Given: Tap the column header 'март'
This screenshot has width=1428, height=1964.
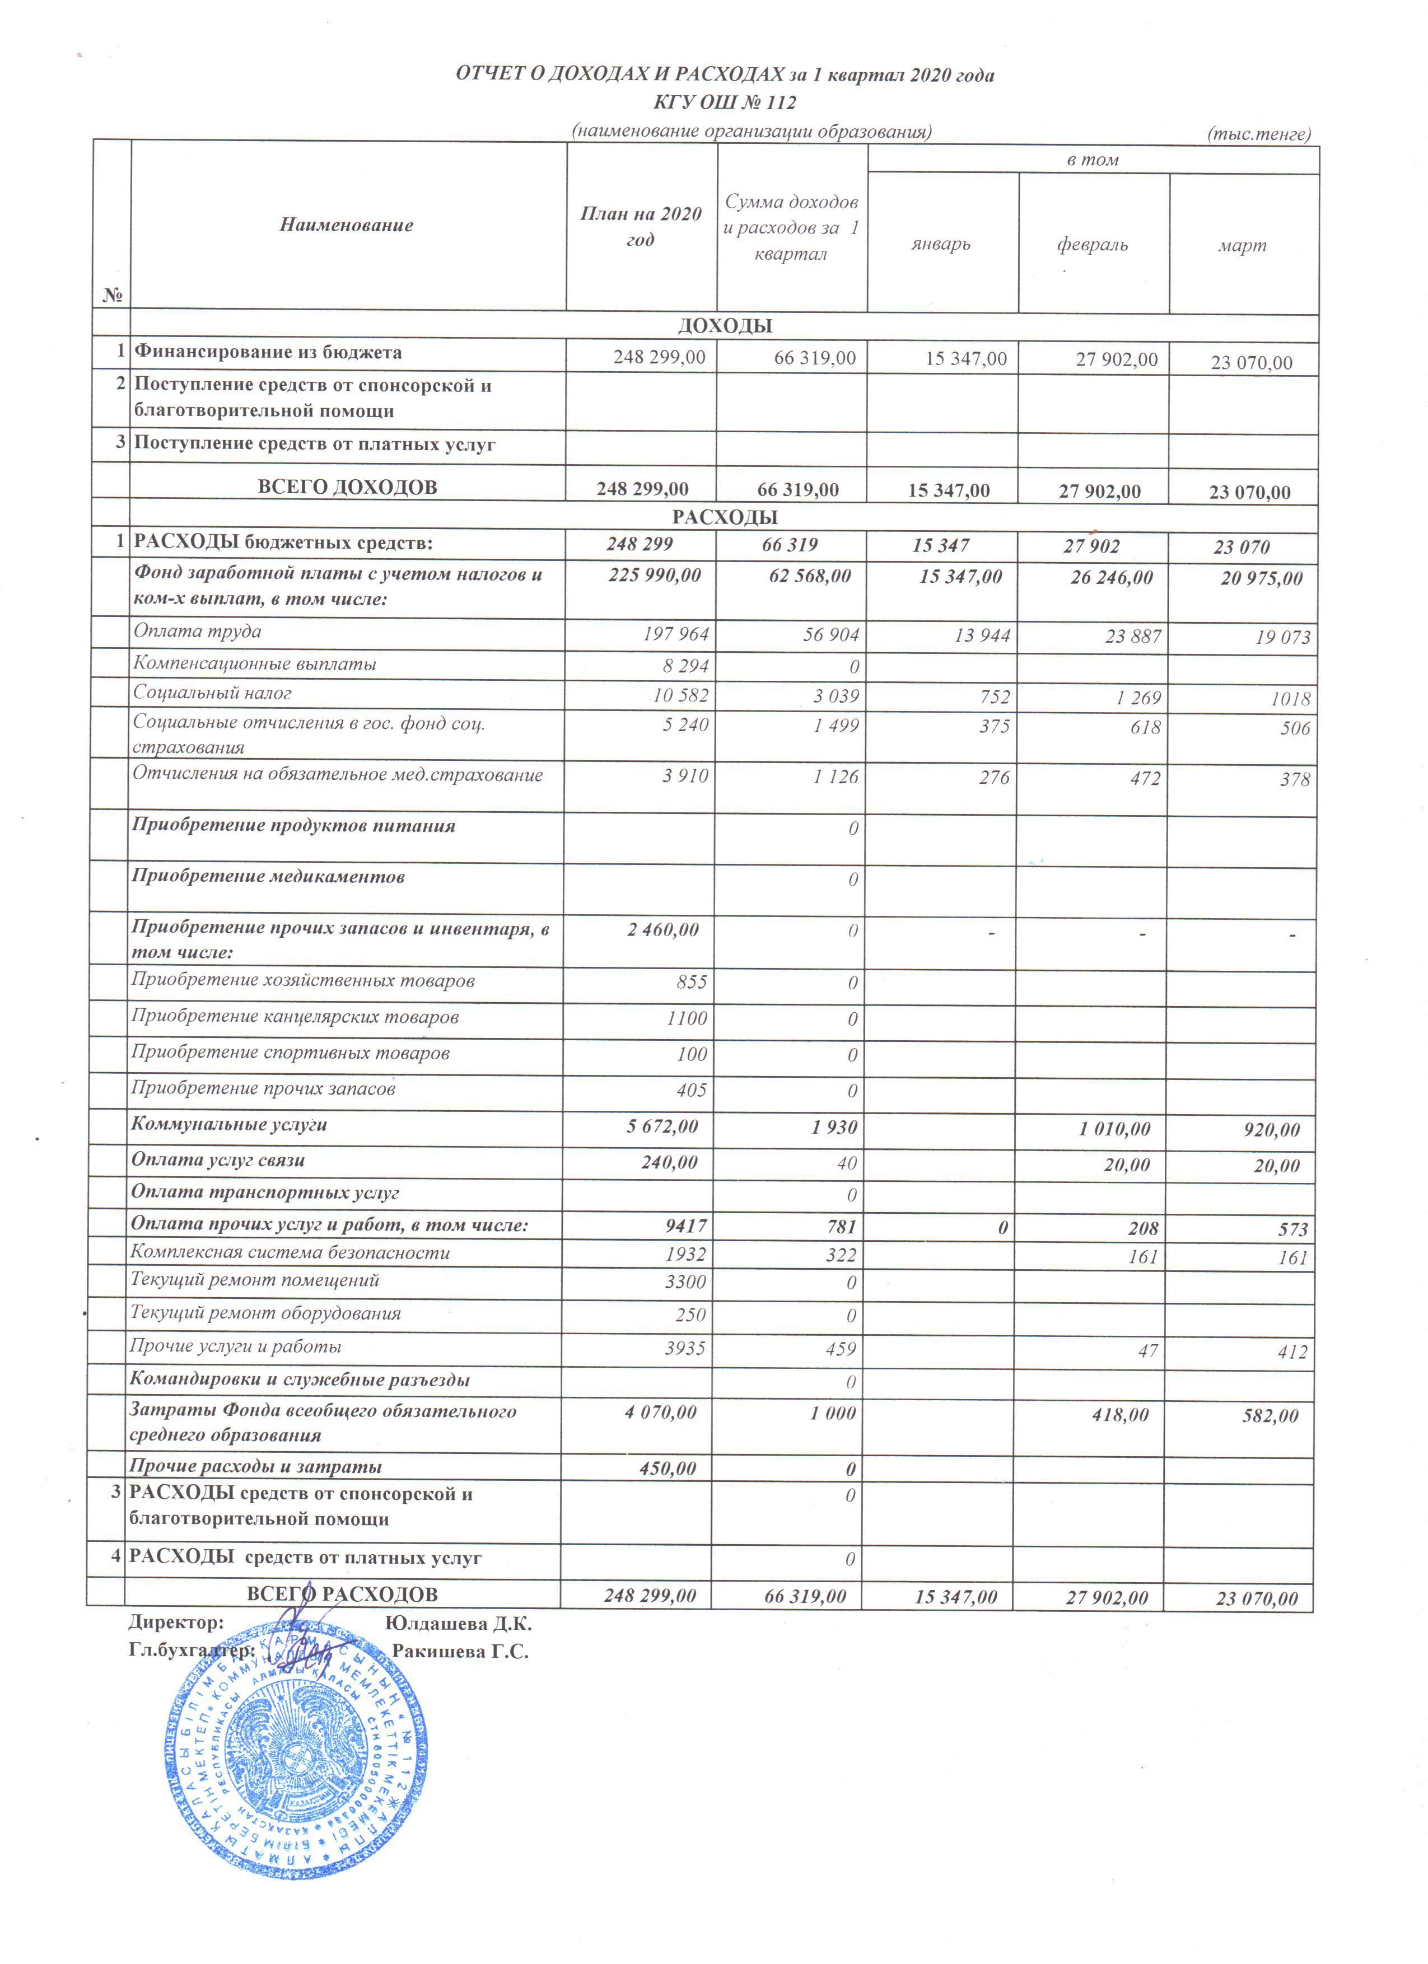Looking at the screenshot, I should click(1242, 246).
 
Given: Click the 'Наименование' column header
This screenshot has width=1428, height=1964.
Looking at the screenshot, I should click(347, 225).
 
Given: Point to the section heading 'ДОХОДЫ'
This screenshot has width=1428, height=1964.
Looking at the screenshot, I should click(725, 326).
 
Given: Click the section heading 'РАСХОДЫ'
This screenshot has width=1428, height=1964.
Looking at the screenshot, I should click(725, 518).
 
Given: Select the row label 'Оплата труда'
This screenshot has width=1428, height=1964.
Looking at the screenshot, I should click(198, 632).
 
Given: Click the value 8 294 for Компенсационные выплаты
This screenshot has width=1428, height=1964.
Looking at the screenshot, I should click(687, 666).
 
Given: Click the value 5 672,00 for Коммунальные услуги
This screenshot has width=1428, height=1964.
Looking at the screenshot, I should click(662, 1126).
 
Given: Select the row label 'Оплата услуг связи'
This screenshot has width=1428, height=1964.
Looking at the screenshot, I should click(217, 1161).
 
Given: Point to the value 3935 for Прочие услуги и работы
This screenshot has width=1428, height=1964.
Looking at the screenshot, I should click(684, 1348).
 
